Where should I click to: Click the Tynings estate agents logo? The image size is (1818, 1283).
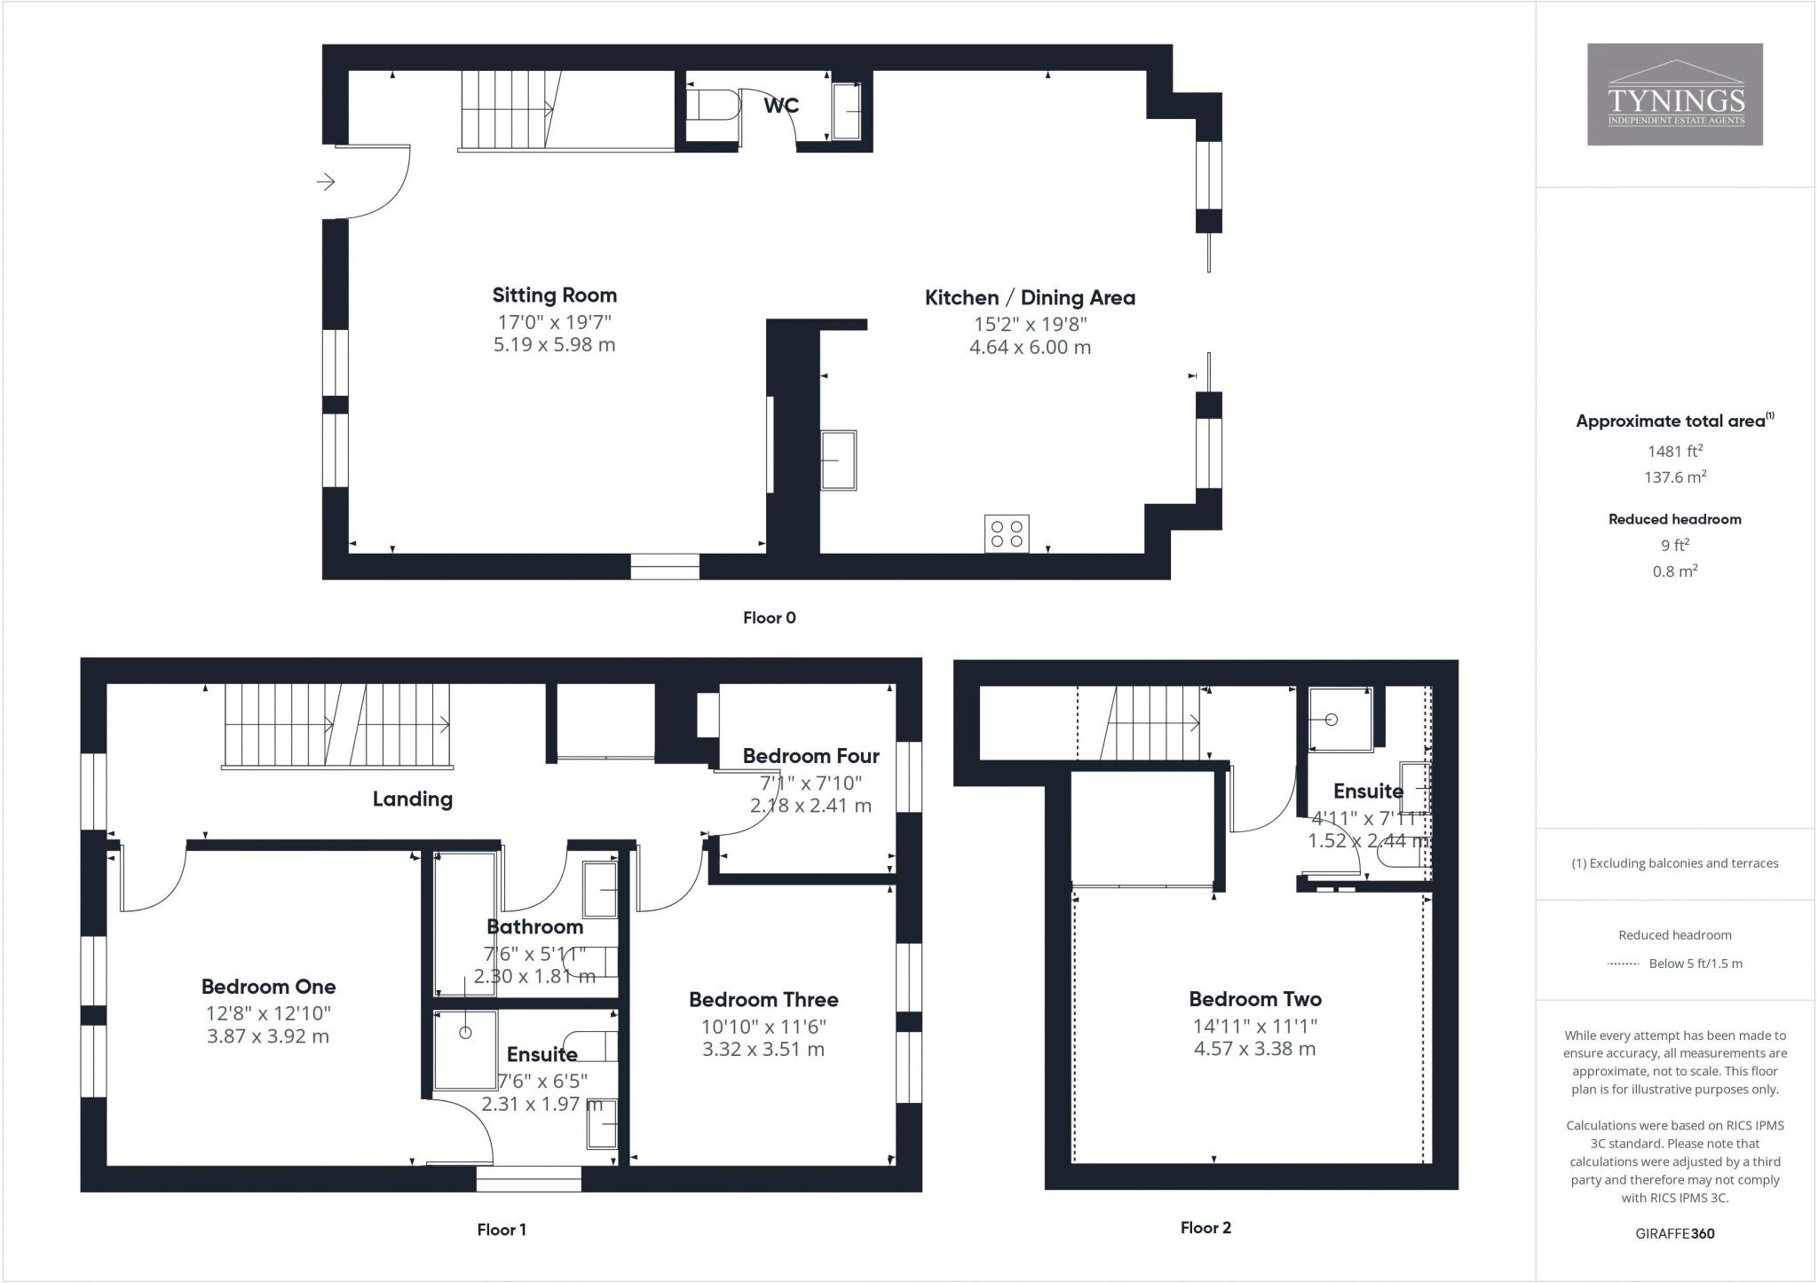point(1674,94)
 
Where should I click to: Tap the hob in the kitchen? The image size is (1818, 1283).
point(1007,533)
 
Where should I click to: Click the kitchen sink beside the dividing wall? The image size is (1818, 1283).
point(838,460)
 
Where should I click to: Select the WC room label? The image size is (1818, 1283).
point(781,106)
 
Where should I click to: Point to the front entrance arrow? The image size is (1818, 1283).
point(326,182)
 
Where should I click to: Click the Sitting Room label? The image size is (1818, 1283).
point(554,295)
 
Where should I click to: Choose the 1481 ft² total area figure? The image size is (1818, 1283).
point(1674,451)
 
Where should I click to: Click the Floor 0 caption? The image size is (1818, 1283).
point(769,618)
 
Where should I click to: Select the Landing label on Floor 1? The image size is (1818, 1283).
point(412,799)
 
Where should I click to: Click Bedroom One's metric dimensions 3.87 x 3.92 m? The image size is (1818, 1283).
point(268,1036)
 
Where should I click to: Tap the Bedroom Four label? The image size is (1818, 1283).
point(810,756)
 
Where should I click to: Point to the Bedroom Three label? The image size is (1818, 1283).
point(763,999)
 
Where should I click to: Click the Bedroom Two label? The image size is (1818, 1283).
point(1254,998)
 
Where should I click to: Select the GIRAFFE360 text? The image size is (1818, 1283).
point(1674,1233)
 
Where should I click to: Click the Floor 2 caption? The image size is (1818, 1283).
point(1205,1228)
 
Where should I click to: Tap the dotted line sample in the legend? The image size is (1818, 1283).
point(1623,964)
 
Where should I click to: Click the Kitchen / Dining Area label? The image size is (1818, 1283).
point(1030,297)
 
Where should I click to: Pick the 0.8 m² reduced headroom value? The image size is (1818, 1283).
point(1674,571)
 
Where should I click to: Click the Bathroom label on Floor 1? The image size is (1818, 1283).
point(534,926)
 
